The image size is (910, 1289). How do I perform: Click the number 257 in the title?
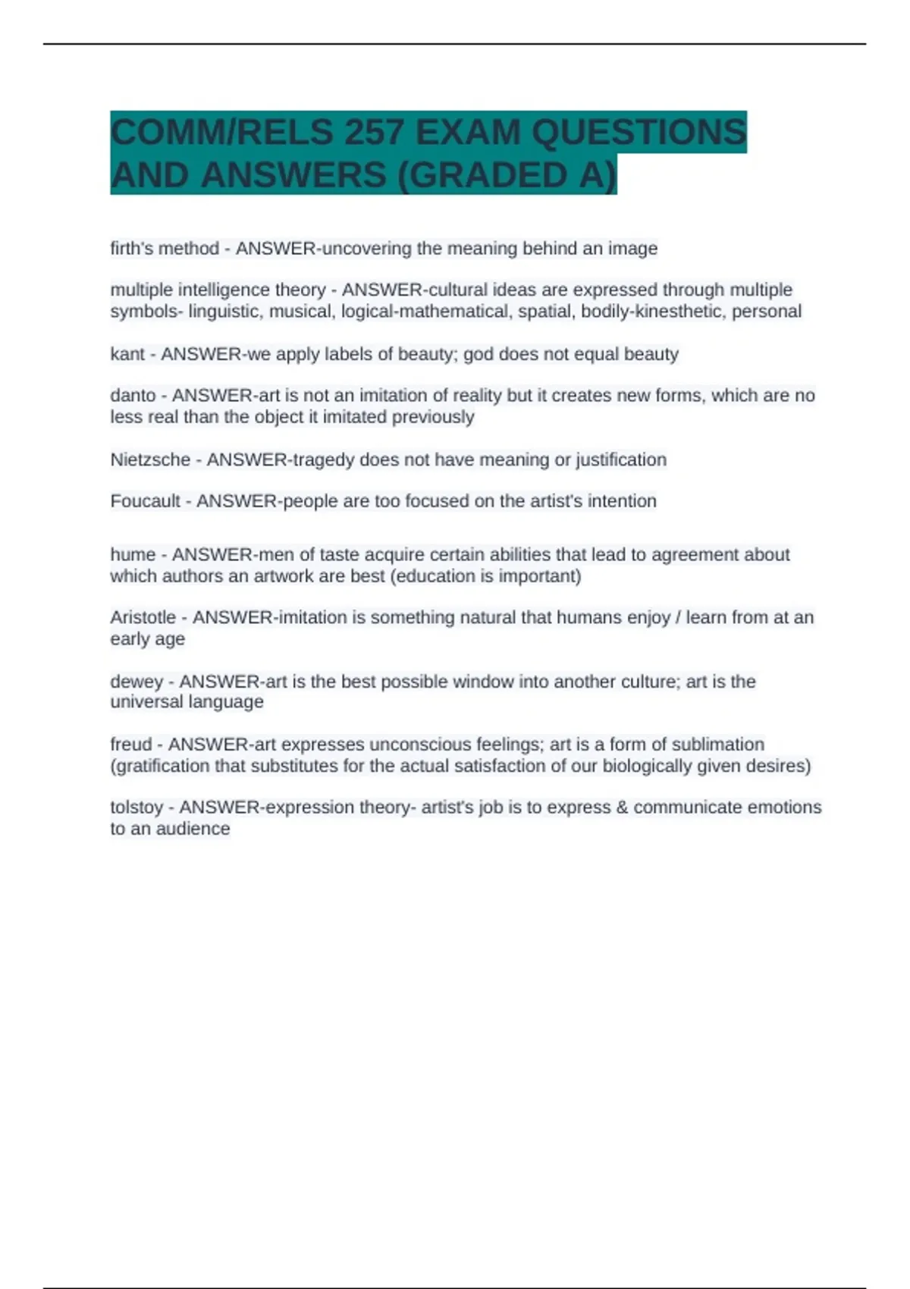pos(373,133)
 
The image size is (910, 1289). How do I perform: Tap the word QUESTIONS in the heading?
pos(639,133)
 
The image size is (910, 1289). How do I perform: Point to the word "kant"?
pos(127,354)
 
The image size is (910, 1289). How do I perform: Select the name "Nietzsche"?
pos(150,459)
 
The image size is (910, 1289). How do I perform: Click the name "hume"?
pos(133,555)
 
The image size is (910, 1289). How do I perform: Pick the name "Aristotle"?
pos(143,618)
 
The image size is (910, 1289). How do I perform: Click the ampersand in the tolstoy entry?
pos(622,808)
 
